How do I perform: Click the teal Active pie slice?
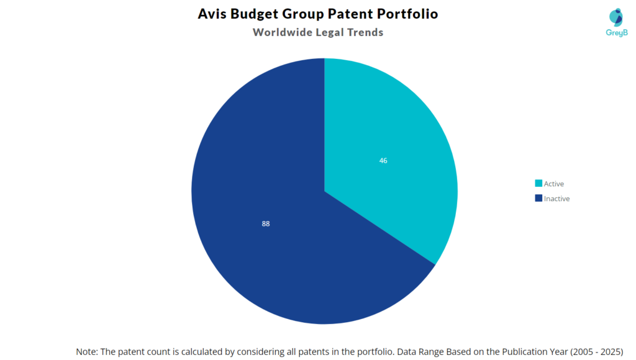pyautogui.click(x=391, y=143)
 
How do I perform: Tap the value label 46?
pyautogui.click(x=383, y=161)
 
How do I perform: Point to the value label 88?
pyautogui.click(x=266, y=223)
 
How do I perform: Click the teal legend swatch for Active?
pyautogui.click(x=538, y=184)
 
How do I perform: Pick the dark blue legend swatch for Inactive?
pyautogui.click(x=538, y=199)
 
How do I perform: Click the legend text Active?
pyautogui.click(x=554, y=184)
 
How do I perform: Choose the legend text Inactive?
pyautogui.click(x=557, y=199)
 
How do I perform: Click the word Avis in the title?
pyautogui.click(x=212, y=14)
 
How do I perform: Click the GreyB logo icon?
pyautogui.click(x=616, y=17)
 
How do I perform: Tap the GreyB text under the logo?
pyautogui.click(x=616, y=33)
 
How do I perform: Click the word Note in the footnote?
pyautogui.click(x=87, y=351)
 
